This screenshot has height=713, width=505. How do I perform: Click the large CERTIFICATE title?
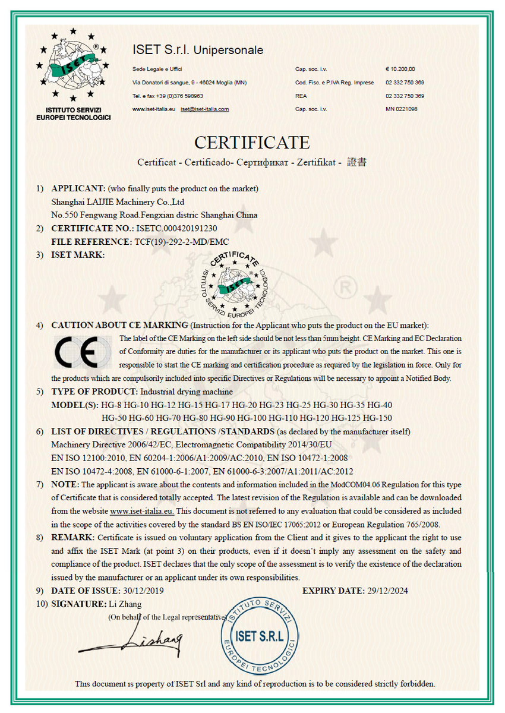pos(252,143)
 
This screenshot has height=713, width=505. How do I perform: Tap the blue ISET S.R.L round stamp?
pos(260,636)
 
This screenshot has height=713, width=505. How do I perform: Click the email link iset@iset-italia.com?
pos(205,109)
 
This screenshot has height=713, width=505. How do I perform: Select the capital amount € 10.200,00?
pos(400,69)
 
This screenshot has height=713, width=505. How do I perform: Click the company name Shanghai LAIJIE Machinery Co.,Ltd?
pos(118,202)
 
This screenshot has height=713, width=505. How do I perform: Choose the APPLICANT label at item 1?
pos(78,189)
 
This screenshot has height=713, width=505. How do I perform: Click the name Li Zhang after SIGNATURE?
pos(125,604)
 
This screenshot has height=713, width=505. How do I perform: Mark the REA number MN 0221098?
pos(402,109)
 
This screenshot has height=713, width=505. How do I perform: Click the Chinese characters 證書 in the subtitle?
pos(356,162)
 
